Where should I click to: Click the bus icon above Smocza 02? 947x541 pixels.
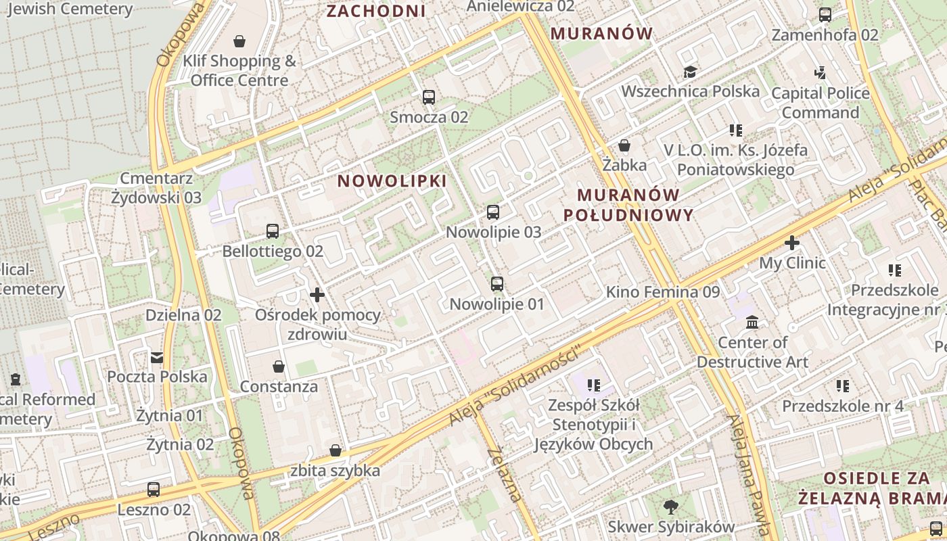click(x=429, y=97)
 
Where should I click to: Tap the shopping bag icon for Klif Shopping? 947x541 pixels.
click(x=239, y=42)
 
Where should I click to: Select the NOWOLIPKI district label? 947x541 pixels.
click(x=392, y=181)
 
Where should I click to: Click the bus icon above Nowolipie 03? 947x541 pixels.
click(x=493, y=212)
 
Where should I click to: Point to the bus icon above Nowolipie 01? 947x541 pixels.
click(x=497, y=284)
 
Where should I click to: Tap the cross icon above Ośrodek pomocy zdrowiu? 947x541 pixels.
click(x=317, y=295)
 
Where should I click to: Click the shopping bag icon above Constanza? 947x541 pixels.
click(x=278, y=367)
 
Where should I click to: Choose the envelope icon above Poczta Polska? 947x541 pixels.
click(x=157, y=357)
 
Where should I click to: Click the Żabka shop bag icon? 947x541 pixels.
click(x=624, y=145)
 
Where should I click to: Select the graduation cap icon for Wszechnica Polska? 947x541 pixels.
click(x=690, y=72)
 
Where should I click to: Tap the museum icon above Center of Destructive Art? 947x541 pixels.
click(x=752, y=323)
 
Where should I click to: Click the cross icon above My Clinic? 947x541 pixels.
click(x=792, y=243)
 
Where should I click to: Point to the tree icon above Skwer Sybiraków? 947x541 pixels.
click(x=671, y=507)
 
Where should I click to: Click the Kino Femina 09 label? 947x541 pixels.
click(x=663, y=292)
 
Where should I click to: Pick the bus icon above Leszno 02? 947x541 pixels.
click(x=154, y=490)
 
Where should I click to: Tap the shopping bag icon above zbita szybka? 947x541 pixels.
click(x=335, y=450)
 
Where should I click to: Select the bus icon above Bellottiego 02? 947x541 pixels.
click(x=273, y=231)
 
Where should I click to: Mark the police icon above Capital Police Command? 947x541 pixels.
click(x=821, y=72)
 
